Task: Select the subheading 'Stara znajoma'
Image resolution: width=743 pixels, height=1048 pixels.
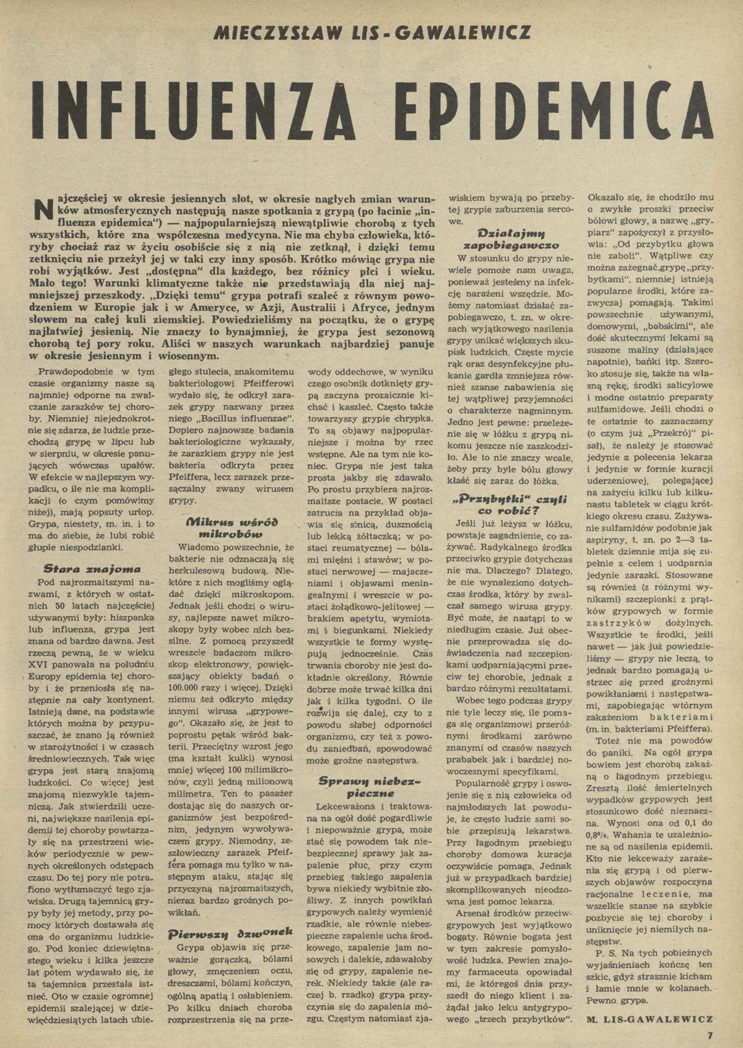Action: tap(92, 568)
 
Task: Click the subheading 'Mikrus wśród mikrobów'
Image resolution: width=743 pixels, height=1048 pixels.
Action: tap(231, 528)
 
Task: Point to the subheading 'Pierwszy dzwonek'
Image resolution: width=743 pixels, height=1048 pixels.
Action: tap(229, 935)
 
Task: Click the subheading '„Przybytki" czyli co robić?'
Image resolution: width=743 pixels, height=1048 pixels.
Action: tap(507, 504)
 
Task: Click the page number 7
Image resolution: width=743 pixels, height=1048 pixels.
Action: tap(710, 1034)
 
